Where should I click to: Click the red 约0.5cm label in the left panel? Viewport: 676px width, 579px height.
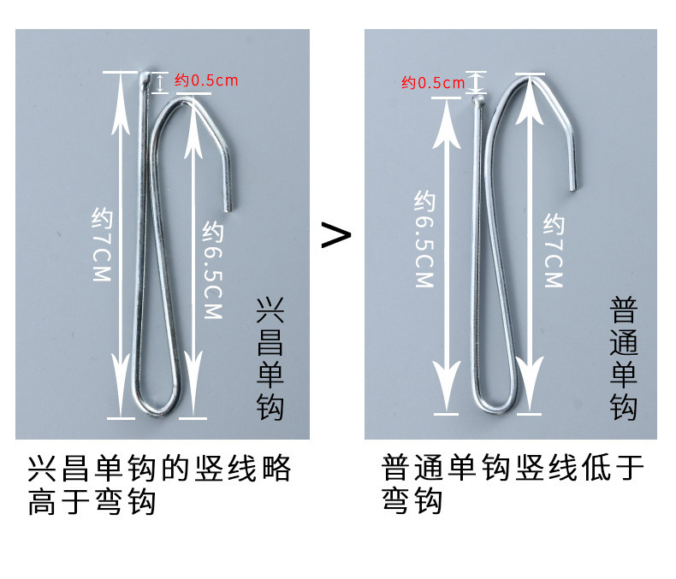pos(206,81)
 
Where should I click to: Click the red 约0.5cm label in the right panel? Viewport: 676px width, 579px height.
pos(432,83)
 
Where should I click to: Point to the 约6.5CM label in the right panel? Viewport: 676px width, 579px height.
pos(424,239)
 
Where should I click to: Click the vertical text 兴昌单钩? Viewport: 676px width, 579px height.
pos(270,359)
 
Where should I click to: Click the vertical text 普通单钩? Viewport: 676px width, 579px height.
pos(624,358)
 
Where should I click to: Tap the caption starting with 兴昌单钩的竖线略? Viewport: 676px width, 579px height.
pos(160,485)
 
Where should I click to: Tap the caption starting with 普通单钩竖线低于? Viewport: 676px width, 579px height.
pos(513,485)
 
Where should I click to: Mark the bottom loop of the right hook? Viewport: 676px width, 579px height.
pos(495,400)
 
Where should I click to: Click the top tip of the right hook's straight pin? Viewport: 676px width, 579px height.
pos(478,101)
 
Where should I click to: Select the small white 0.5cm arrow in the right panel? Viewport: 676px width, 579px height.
pos(477,83)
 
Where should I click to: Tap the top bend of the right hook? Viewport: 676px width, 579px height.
pos(529,80)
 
